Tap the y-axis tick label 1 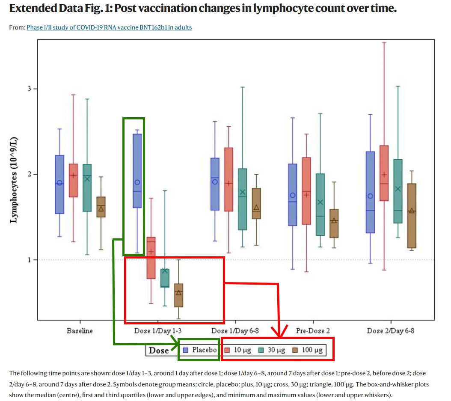point(30,260)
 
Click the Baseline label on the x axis point(80,331)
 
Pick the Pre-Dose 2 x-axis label point(313,331)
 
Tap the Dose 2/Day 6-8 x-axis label point(391,331)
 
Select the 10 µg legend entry point(238,350)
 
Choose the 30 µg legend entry point(272,350)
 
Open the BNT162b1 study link point(109,27)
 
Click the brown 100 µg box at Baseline point(101,207)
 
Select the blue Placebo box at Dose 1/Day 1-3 point(137,171)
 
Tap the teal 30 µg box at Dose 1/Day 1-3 point(165,278)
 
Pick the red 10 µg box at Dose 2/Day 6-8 point(384,173)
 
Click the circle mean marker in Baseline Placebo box point(59,183)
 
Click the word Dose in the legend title point(158,350)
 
